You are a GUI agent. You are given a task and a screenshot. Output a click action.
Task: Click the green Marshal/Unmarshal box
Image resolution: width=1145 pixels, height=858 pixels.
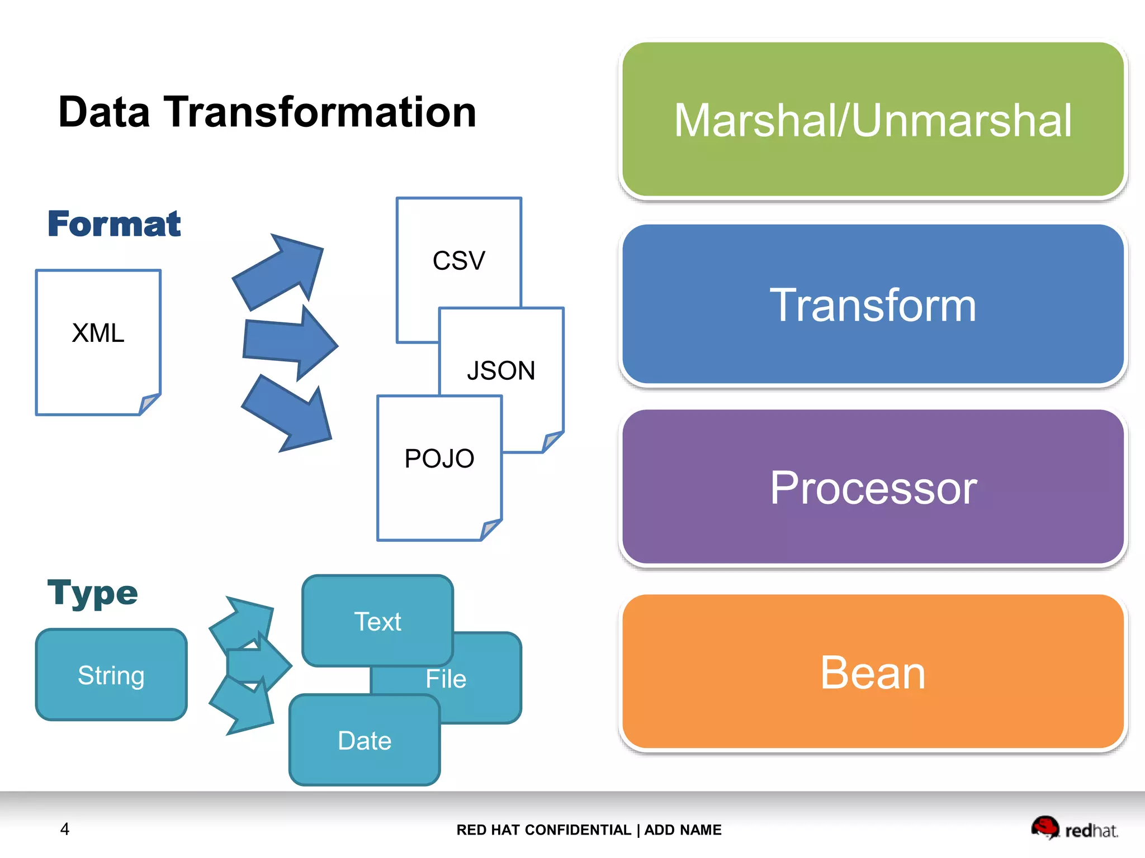[872, 120]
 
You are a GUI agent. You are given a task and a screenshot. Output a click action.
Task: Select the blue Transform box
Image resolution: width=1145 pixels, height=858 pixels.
[872, 304]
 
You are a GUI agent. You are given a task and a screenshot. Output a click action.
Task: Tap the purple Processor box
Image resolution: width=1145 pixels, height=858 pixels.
[872, 488]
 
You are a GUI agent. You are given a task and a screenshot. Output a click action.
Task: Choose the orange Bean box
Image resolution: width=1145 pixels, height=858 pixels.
[872, 672]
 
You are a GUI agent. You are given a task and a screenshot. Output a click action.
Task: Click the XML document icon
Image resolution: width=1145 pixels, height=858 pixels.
[98, 342]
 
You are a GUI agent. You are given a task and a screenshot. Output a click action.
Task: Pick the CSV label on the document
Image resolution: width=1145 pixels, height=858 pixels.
[459, 261]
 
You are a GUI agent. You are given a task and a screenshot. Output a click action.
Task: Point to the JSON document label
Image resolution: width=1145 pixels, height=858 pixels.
[501, 371]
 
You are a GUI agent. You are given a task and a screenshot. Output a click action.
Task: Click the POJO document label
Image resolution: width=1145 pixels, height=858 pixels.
[439, 459]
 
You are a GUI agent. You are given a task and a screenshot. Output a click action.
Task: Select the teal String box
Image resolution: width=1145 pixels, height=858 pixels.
[111, 675]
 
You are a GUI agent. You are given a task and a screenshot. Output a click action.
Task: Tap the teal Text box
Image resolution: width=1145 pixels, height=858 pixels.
[377, 621]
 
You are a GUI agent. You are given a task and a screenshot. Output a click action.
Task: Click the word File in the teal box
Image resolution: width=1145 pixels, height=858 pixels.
[446, 679]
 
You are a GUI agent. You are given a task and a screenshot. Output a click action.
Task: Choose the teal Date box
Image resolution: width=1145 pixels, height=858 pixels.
[365, 741]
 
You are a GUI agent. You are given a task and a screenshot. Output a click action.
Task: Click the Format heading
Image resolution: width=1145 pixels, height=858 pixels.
[114, 224]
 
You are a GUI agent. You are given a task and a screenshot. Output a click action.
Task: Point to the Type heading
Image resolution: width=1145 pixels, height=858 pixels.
[92, 593]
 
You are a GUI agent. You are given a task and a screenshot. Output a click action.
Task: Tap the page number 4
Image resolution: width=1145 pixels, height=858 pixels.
[65, 829]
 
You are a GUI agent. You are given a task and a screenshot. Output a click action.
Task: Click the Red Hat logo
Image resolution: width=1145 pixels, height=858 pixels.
[1073, 828]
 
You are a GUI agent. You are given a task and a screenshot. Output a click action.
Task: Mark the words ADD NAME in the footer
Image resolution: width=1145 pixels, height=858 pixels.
[683, 830]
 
